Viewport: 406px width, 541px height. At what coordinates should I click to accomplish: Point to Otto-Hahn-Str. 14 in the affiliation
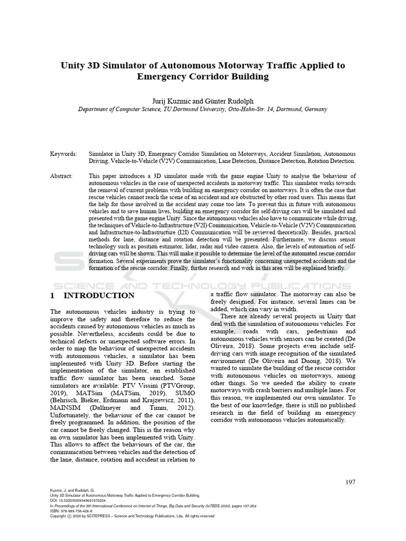coord(254,109)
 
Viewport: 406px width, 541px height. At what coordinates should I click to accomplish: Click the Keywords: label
coord(63,154)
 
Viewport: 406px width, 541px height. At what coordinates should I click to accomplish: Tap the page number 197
coord(350,481)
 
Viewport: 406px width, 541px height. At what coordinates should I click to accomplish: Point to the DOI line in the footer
coord(78,500)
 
